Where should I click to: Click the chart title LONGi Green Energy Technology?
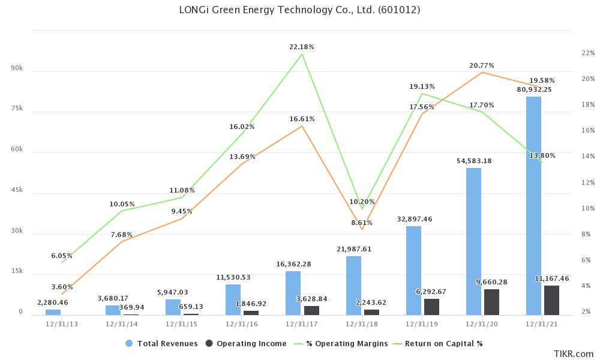point(300,10)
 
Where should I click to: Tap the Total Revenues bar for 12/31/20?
point(473,241)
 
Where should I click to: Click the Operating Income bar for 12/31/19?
point(431,307)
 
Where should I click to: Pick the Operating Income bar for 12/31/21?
point(551,300)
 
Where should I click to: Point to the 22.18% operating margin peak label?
point(302,47)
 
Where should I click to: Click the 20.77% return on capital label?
point(482,65)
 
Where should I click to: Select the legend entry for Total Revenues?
point(161,344)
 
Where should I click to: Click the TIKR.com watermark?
point(574,354)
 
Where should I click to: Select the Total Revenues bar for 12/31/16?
point(233,299)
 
